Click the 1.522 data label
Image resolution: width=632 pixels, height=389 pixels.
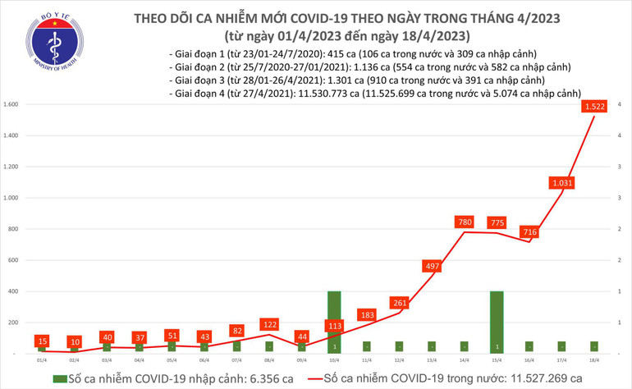point(595,107)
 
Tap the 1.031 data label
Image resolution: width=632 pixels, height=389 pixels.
point(562,182)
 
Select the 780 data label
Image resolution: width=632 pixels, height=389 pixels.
point(465,221)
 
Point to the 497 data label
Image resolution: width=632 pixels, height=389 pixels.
point(432,266)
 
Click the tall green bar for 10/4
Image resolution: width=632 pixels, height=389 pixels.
point(334,322)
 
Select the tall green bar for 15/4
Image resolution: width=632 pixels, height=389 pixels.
point(497,322)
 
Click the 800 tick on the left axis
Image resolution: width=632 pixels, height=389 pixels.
point(14,229)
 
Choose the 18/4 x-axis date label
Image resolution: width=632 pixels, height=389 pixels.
point(594,359)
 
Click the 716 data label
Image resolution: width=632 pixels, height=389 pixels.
point(529,232)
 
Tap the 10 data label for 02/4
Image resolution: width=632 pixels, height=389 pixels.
point(75,341)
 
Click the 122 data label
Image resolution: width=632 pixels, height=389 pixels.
point(269,323)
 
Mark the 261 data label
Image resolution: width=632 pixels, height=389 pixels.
point(399,302)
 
